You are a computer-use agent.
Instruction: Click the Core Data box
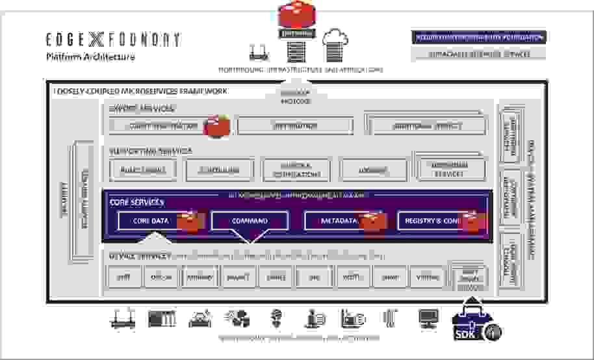pyautogui.click(x=151, y=221)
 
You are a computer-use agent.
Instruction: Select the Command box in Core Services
pyautogui.click(x=249, y=221)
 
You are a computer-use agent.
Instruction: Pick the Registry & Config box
pyautogui.click(x=433, y=221)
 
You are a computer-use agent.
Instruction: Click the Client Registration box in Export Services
pyautogui.click(x=163, y=126)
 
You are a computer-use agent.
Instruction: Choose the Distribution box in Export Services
pyautogui.click(x=295, y=126)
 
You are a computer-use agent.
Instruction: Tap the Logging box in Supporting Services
pyautogui.click(x=373, y=170)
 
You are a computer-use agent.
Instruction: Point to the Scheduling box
pyautogui.click(x=219, y=170)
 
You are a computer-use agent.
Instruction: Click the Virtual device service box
pyautogui.click(x=427, y=276)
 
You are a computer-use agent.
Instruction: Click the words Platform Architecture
pyautogui.click(x=90, y=57)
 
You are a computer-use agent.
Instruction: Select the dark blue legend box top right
pyautogui.click(x=478, y=38)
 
